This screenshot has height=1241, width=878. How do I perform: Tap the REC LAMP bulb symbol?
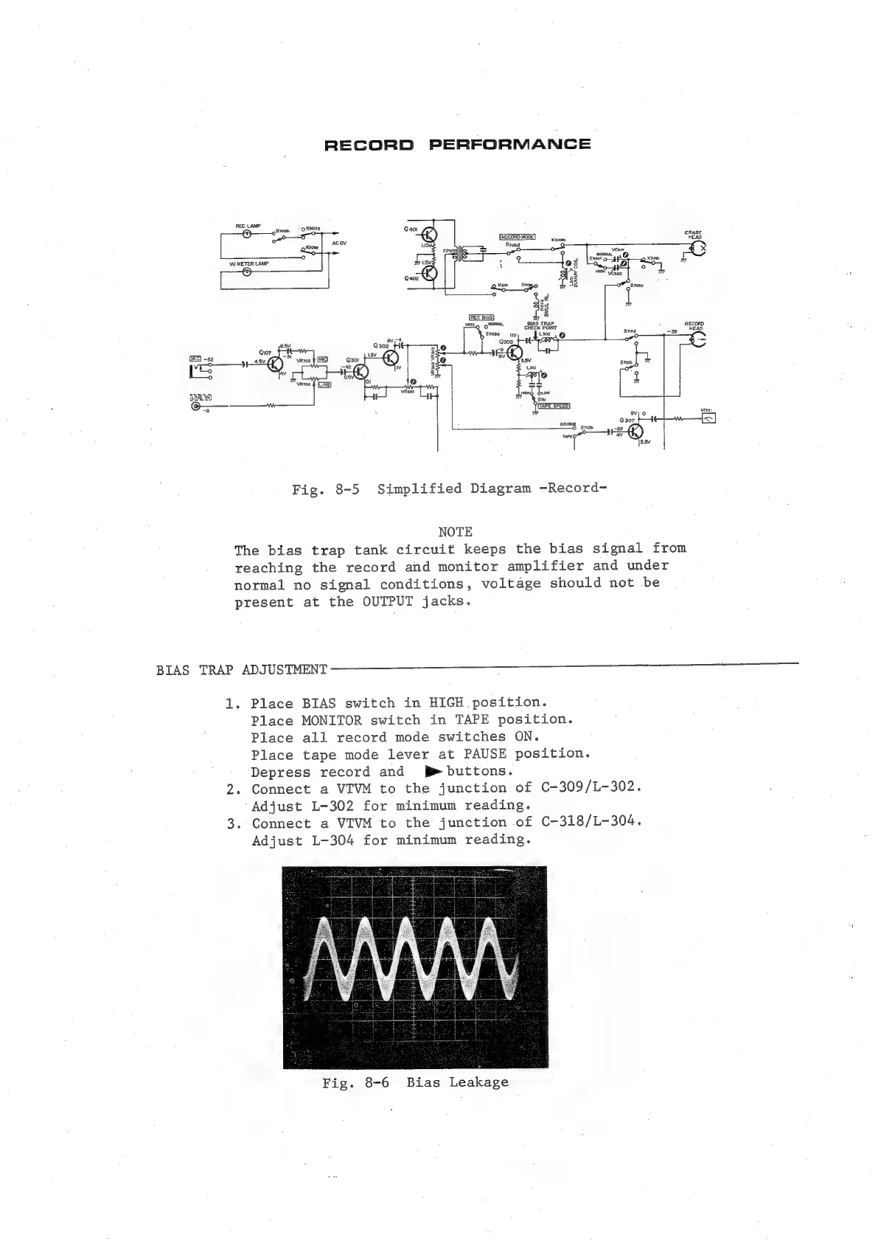point(247,234)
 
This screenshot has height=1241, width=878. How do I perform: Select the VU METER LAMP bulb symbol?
point(247,272)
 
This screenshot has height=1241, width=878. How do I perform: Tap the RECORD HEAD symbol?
point(697,339)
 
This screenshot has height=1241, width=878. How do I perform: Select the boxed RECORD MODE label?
point(522,236)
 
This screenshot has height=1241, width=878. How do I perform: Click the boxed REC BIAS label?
point(481,318)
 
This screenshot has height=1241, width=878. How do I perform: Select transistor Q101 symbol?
point(276,364)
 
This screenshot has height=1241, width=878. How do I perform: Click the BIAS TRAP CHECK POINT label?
point(540,325)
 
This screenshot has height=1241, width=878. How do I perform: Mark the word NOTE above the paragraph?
point(455,531)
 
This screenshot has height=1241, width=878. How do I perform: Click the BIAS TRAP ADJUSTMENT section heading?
point(242,670)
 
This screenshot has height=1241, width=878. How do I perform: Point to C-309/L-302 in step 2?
point(588,788)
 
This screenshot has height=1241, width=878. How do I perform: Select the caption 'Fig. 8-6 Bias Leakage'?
point(415,1082)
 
